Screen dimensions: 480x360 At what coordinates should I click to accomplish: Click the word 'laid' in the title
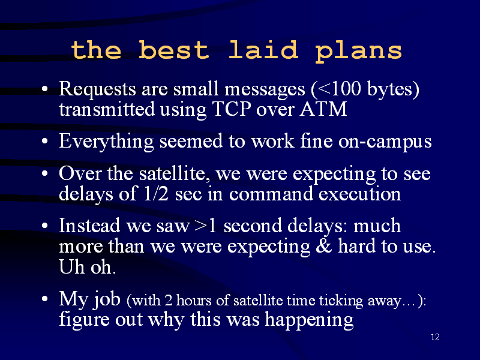click(x=263, y=50)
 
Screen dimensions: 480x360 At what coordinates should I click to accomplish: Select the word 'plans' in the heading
click(x=358, y=52)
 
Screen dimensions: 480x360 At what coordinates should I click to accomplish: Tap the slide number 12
click(x=436, y=337)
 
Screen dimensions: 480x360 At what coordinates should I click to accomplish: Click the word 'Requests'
click(x=97, y=89)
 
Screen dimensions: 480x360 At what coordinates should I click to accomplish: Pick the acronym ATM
click(x=323, y=109)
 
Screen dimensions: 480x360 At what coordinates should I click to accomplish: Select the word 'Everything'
click(x=106, y=142)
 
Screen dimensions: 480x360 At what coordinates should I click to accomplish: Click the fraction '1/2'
click(x=156, y=194)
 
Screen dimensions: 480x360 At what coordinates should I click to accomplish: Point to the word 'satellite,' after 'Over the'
click(x=175, y=173)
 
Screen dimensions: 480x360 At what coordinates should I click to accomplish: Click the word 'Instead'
click(x=89, y=226)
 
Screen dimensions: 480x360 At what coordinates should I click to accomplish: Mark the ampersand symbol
click(x=324, y=246)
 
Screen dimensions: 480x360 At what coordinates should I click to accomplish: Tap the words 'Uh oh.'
click(x=87, y=266)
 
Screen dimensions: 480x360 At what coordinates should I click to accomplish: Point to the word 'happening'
click(x=309, y=320)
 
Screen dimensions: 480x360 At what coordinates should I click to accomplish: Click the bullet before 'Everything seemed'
click(x=45, y=142)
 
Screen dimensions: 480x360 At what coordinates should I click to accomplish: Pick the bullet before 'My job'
click(x=45, y=298)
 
